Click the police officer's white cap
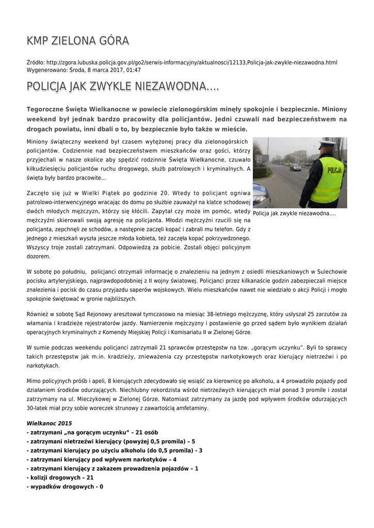327,145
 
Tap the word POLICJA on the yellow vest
334,169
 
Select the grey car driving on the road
295,167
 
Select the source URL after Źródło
191,62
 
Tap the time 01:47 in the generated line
133,70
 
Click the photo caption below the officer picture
295,214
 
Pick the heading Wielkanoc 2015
50,423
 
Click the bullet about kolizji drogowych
60,477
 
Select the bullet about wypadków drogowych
64,486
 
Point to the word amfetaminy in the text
190,408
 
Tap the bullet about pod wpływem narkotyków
102,459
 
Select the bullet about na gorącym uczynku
92,432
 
